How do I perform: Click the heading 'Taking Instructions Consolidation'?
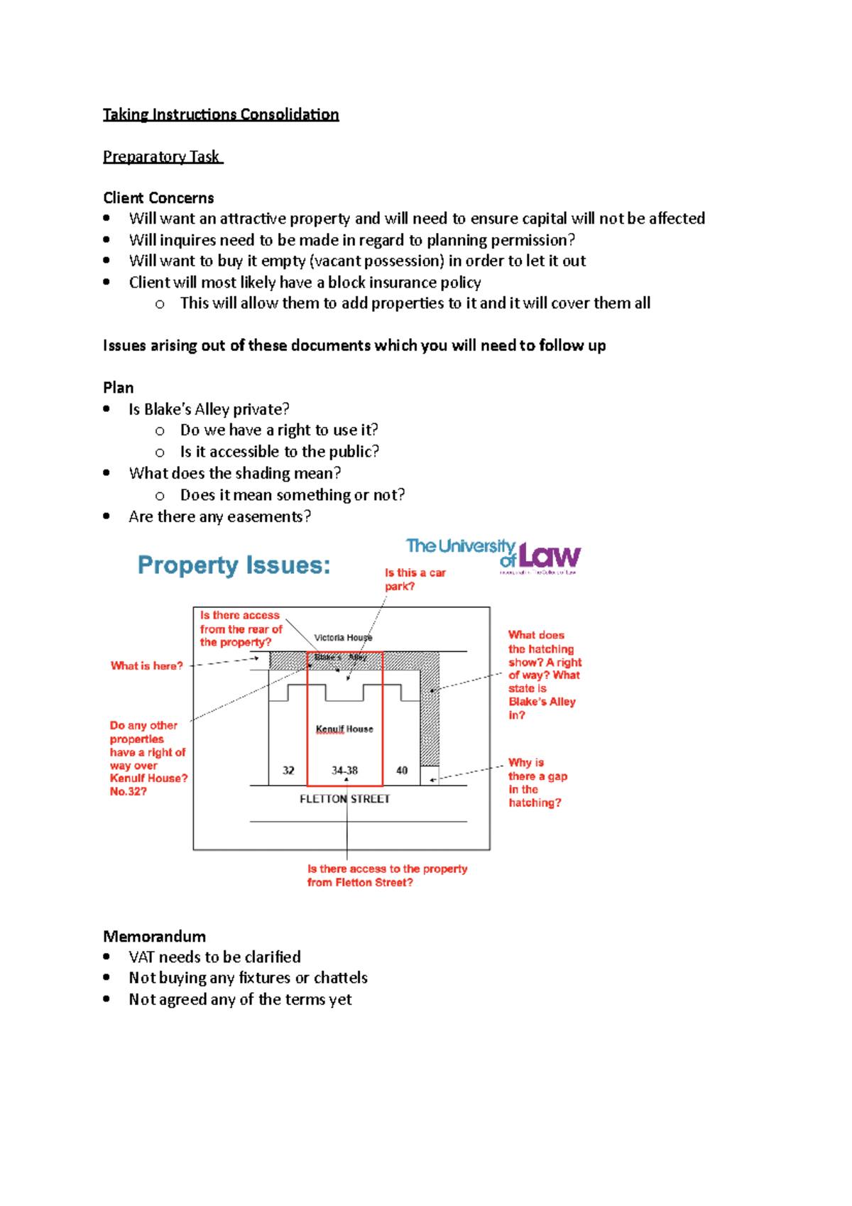click(221, 114)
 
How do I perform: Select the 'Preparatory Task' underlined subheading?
click(162, 156)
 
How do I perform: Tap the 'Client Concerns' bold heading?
click(158, 197)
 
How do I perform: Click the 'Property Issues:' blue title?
click(234, 565)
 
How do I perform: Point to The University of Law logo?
click(493, 555)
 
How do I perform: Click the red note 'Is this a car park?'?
click(415, 580)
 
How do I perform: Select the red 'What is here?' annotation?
click(146, 666)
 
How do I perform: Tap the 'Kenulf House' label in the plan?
click(344, 729)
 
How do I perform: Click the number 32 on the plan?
click(288, 771)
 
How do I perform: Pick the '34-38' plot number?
click(344, 771)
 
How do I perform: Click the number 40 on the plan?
click(402, 771)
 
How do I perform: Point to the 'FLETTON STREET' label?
click(344, 799)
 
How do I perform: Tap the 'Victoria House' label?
click(343, 638)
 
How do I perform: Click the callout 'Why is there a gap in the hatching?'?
click(537, 782)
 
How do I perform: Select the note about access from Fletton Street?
click(387, 876)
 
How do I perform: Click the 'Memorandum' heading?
click(154, 936)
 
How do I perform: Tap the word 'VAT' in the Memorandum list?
click(142, 957)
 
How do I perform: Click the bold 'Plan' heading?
click(118, 388)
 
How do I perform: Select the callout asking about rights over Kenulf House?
click(148, 758)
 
